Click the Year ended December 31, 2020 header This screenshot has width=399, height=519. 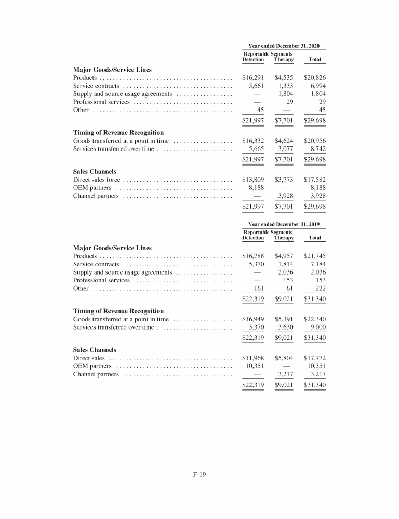(x=284, y=46)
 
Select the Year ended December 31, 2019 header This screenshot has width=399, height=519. (x=284, y=224)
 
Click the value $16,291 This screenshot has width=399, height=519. (x=253, y=77)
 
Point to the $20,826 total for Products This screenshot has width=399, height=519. (x=314, y=77)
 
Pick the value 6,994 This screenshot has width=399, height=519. (x=316, y=86)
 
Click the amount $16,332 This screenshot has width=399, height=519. (x=253, y=141)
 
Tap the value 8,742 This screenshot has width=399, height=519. (x=316, y=149)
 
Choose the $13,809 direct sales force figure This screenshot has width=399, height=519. (x=253, y=180)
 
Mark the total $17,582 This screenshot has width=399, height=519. (x=314, y=180)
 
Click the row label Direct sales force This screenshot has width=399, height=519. (x=97, y=180)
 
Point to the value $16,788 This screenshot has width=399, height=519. (x=253, y=255)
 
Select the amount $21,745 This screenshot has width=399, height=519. (x=314, y=255)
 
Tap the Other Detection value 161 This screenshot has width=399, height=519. (x=258, y=288)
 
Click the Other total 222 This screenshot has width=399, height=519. (x=320, y=288)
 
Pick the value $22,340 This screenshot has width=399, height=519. (x=314, y=319)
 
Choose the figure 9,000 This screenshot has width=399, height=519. (x=316, y=327)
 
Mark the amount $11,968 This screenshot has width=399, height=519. (x=253, y=358)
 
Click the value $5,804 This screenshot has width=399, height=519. (x=284, y=358)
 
